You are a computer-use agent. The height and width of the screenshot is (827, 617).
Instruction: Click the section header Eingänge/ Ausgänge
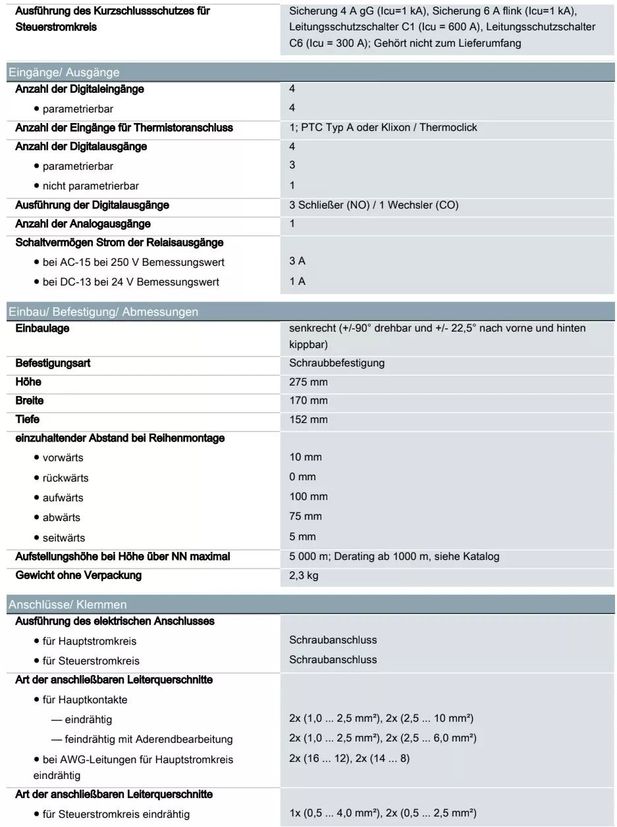[x=64, y=72]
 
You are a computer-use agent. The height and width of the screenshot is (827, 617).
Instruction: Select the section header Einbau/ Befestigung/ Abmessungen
[x=103, y=312]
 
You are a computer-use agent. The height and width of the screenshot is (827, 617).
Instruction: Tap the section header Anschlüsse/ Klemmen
[x=68, y=604]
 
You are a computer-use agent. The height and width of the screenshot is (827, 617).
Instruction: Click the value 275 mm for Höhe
[x=308, y=382]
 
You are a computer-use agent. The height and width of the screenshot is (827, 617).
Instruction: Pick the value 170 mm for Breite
[x=308, y=401]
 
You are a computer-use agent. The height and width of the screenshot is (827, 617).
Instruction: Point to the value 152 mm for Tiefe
[x=308, y=420]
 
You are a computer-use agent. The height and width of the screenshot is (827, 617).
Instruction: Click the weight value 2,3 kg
[x=304, y=576]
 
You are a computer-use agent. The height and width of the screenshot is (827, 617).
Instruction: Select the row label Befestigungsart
[x=53, y=363]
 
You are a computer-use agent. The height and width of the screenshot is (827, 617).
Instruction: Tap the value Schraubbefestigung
[x=336, y=363]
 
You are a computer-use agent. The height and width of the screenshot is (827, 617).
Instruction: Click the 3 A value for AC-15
[x=297, y=261]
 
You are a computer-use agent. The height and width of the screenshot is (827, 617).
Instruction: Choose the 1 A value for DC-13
[x=297, y=282]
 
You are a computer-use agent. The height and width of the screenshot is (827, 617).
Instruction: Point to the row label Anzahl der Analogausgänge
[x=83, y=224]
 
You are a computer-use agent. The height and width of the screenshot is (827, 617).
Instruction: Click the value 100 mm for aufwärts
[x=308, y=497]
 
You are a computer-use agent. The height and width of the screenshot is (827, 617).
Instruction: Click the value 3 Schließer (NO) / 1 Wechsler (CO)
[x=373, y=205]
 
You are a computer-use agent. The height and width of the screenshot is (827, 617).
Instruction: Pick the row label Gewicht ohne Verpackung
[x=78, y=576]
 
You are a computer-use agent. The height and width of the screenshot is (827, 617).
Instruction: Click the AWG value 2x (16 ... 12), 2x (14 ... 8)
[x=349, y=759]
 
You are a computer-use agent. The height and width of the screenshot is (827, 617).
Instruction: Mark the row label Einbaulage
[x=42, y=328]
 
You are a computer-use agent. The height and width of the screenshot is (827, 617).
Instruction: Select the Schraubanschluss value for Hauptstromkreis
[x=333, y=640]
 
